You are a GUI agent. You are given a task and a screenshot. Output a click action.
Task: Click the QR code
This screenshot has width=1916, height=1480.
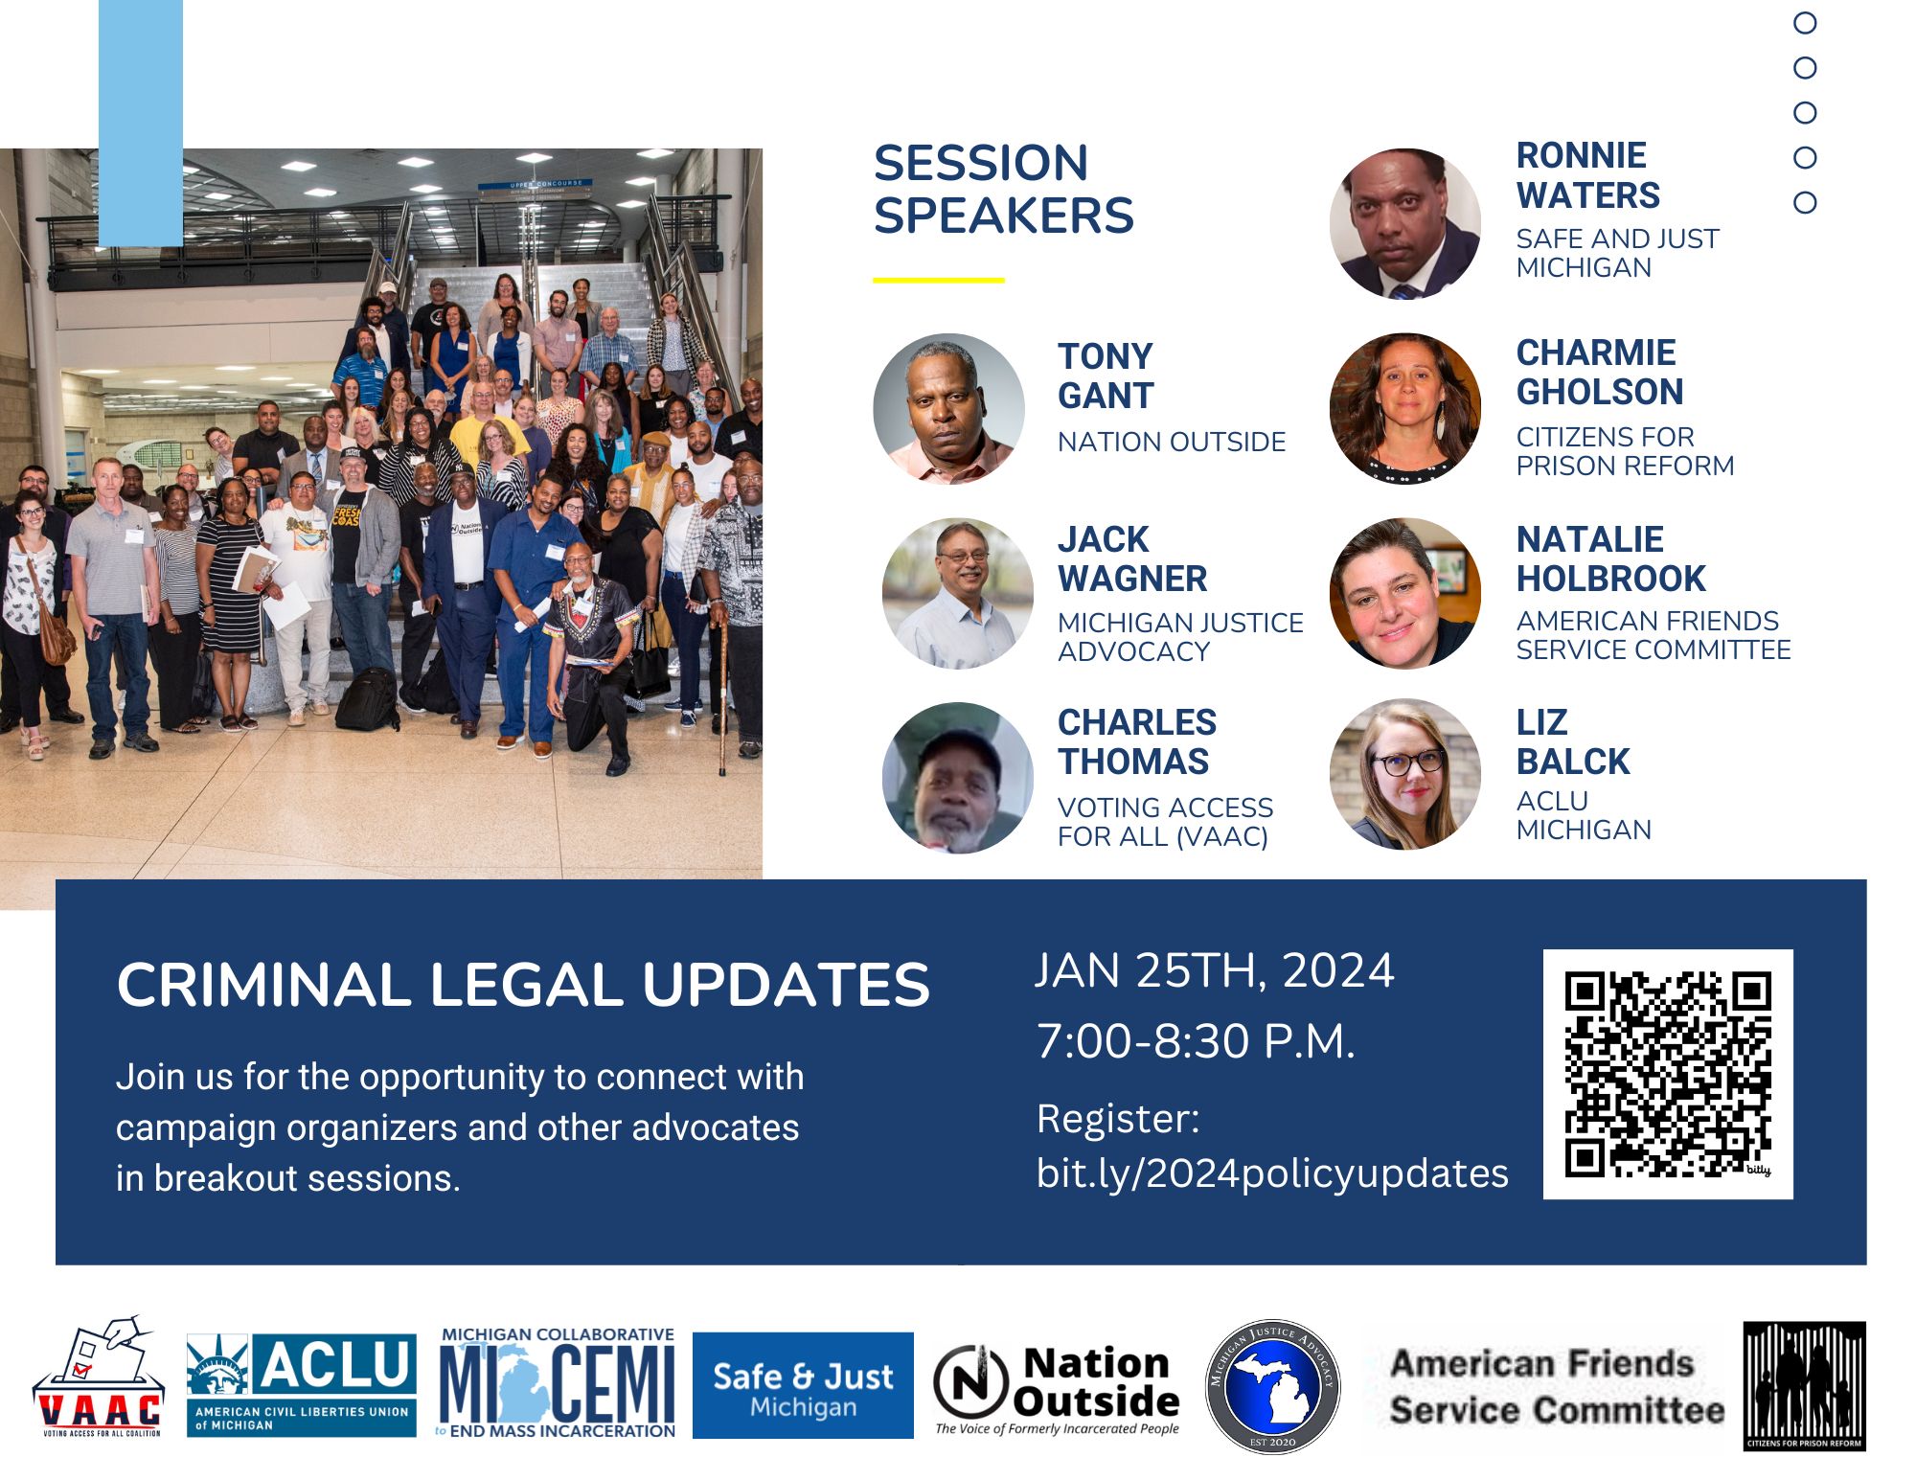tap(1668, 1074)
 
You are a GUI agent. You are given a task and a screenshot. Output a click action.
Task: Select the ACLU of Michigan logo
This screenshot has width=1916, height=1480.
tap(302, 1385)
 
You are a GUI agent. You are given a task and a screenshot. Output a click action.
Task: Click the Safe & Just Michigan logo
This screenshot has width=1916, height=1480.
tap(803, 1385)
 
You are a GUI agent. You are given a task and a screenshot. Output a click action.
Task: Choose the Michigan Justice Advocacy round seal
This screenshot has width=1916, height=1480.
tap(1272, 1386)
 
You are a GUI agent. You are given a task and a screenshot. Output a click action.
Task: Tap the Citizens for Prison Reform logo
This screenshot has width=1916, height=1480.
tap(1804, 1386)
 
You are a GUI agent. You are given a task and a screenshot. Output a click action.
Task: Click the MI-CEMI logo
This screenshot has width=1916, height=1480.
tap(558, 1382)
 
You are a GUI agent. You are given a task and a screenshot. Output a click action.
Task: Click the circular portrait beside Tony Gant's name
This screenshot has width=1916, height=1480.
tap(948, 408)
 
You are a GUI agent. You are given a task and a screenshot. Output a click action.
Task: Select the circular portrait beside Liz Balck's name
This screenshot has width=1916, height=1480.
tap(1405, 774)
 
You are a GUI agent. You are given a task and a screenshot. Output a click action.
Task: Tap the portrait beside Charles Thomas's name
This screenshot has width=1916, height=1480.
tap(958, 778)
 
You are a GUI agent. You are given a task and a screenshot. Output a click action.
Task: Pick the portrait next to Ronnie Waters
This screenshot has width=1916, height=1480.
tap(1405, 223)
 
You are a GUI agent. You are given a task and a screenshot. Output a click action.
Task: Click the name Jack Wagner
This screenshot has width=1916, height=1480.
tap(1132, 558)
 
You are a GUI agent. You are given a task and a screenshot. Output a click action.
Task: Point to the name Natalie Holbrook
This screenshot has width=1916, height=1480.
tap(1611, 558)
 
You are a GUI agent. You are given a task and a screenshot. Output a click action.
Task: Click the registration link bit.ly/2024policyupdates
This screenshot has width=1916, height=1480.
tap(1272, 1173)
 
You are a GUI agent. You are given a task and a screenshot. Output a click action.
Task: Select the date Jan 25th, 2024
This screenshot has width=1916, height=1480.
tap(1215, 970)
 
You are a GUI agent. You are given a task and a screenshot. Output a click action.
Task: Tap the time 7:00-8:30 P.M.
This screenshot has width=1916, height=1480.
tap(1197, 1041)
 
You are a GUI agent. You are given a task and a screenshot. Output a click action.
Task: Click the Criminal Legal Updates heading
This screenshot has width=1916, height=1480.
tap(523, 985)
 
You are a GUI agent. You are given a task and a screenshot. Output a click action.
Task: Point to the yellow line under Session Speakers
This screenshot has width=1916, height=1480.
tap(939, 281)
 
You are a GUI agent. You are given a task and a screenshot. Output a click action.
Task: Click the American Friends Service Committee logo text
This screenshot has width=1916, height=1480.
tap(1557, 1386)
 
